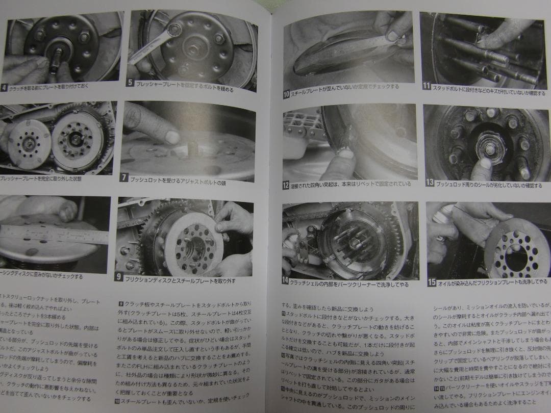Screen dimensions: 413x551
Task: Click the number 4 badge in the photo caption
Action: click(x=4, y=87)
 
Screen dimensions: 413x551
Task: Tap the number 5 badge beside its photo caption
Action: click(x=130, y=82)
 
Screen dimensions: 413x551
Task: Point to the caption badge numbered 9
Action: click(x=118, y=277)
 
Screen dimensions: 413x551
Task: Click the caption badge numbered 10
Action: click(x=286, y=94)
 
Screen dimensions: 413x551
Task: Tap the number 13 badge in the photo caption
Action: click(x=430, y=182)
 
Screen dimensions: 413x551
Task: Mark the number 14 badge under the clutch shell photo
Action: click(x=285, y=281)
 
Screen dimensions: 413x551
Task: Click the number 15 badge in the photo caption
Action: click(x=432, y=282)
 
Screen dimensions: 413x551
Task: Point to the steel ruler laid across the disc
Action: click(x=51, y=235)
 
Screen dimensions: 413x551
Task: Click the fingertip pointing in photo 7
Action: click(x=171, y=137)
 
